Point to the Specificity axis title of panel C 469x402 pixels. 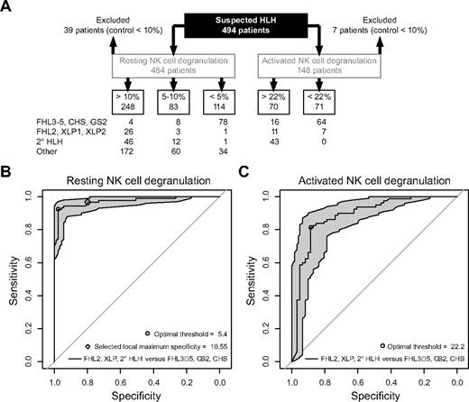click(356, 394)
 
